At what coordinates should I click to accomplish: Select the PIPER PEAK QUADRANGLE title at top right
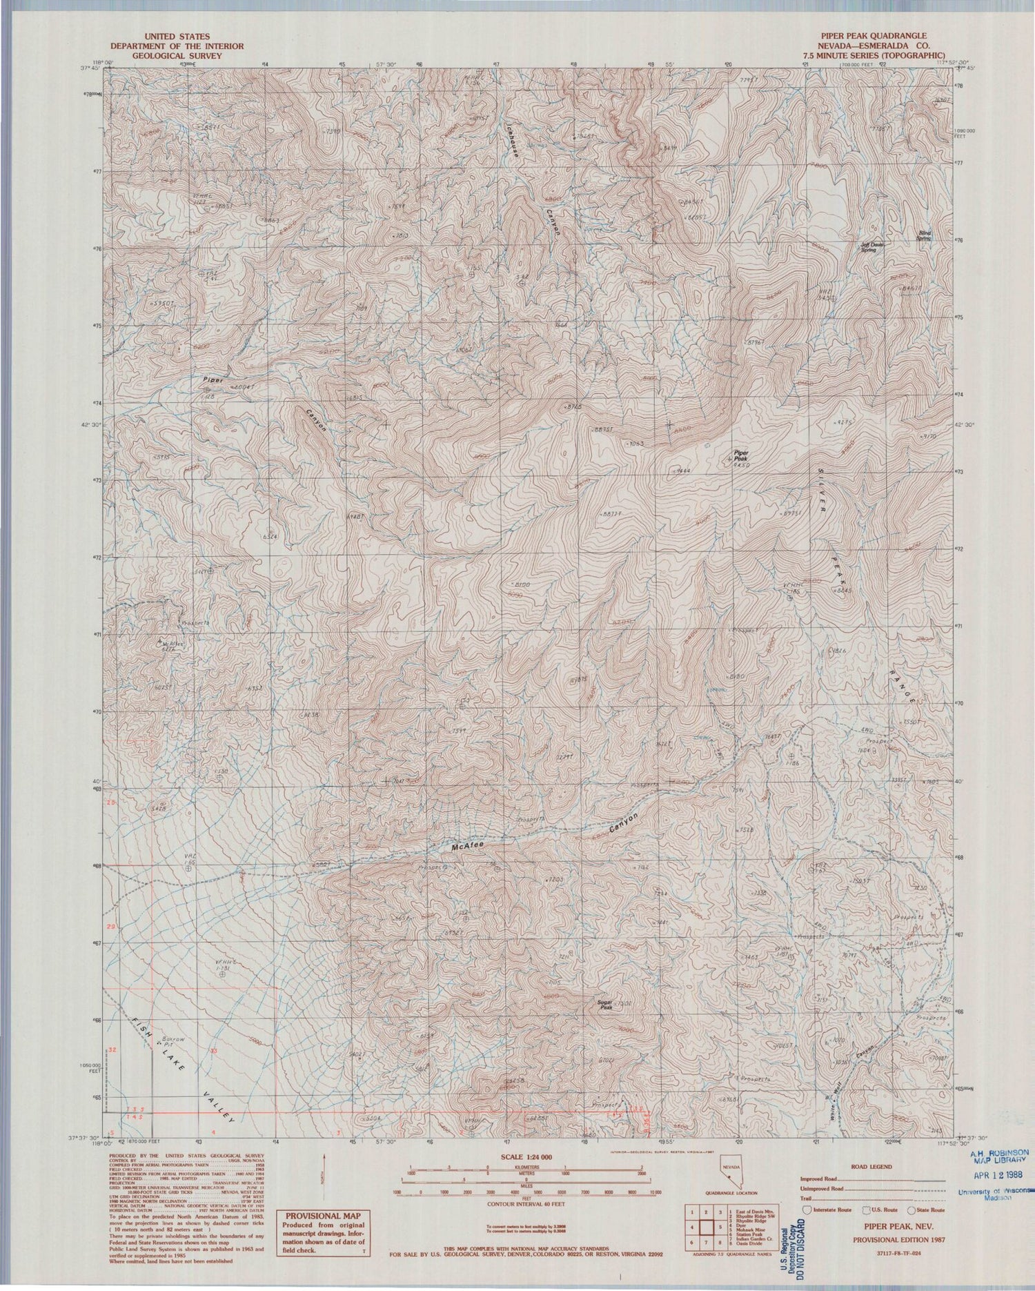point(872,36)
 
